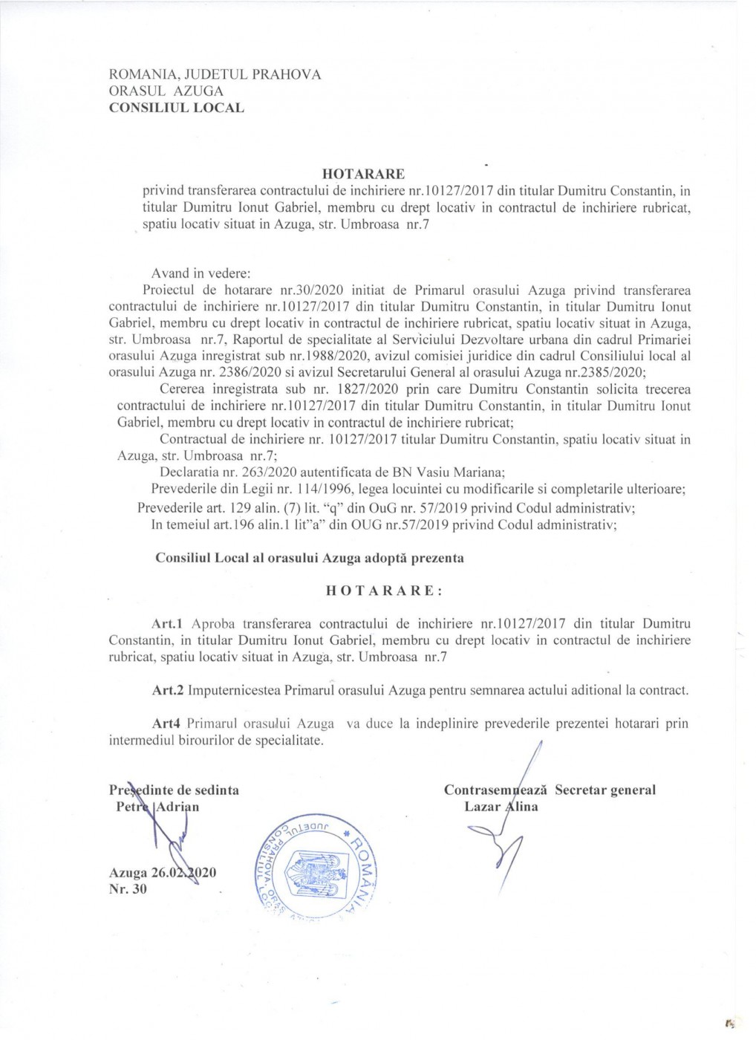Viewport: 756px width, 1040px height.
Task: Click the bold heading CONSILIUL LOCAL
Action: [176, 107]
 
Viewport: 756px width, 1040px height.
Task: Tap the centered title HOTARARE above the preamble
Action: [369, 174]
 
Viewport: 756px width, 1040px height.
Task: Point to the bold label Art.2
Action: [168, 690]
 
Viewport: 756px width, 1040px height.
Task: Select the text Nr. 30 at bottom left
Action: [128, 888]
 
